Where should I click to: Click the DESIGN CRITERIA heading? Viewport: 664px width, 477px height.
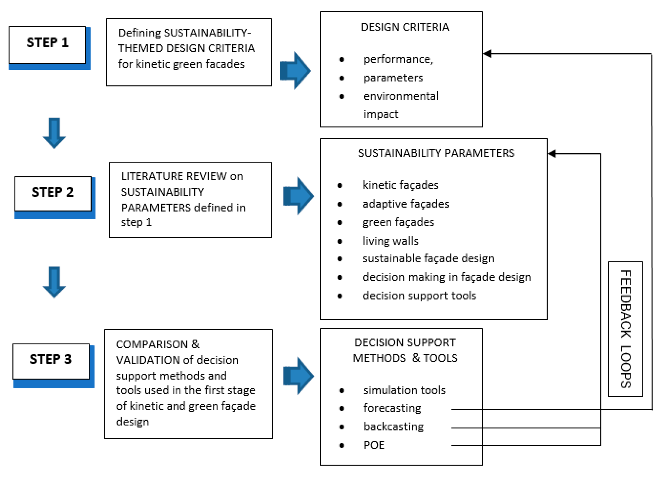click(405, 27)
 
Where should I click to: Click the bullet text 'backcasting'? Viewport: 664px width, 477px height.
click(393, 427)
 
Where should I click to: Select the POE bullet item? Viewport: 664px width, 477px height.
click(373, 445)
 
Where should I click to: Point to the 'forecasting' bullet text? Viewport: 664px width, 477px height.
click(392, 408)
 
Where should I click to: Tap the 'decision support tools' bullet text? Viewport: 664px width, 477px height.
click(419, 296)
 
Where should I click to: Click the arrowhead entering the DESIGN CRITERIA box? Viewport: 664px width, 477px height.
click(487, 54)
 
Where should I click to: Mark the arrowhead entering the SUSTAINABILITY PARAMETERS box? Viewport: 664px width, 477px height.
click(552, 153)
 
